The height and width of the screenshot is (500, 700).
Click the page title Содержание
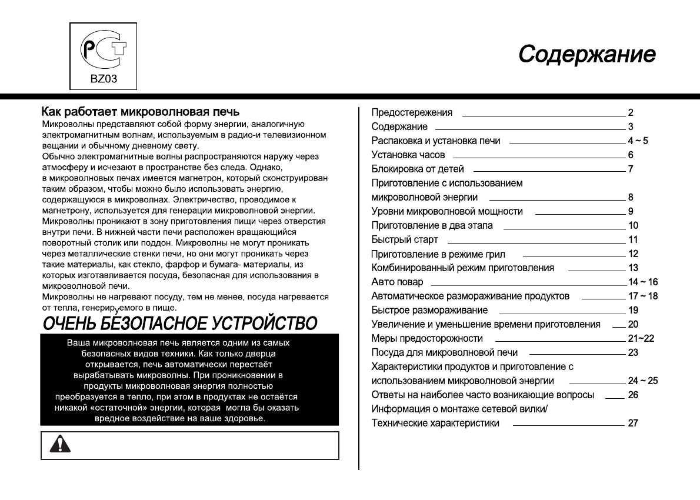click(586, 54)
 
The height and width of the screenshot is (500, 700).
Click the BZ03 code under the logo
click(104, 80)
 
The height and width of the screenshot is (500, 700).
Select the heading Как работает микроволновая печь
click(140, 112)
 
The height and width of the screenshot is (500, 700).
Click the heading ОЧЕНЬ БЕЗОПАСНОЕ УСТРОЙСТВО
click(179, 323)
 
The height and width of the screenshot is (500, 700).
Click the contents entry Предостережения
click(412, 112)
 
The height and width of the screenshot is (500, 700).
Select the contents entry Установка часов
click(408, 155)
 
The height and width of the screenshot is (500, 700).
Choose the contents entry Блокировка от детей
click(418, 169)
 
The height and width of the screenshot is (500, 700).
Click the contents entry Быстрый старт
click(405, 240)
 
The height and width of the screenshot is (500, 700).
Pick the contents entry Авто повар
click(397, 282)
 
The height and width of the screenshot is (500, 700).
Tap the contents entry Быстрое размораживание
click(429, 311)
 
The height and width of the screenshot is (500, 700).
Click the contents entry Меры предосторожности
click(427, 339)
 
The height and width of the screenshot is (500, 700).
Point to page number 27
click(633, 424)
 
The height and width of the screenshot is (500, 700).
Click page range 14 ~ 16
click(643, 282)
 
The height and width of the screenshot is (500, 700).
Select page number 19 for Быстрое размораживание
click(633, 311)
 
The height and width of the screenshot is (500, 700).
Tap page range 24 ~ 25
click(643, 381)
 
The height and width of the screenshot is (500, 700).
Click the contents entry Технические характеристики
click(435, 424)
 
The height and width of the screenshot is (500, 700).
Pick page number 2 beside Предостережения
click(631, 112)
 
